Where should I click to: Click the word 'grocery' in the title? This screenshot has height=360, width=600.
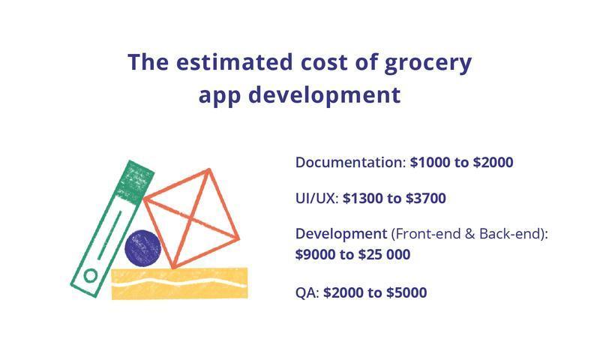coord(427,64)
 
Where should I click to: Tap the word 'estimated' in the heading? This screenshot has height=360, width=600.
coord(235,62)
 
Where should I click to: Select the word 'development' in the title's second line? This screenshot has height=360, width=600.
coord(325,95)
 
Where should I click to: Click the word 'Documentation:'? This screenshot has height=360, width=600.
coord(350,163)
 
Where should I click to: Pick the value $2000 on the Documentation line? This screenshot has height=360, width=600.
coord(493,163)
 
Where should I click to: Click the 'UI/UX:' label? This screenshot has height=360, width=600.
coord(317,199)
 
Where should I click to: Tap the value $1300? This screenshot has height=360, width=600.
coord(363,199)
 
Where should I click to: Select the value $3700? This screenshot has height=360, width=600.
coord(426,199)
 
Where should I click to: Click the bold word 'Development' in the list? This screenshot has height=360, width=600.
coord(341,234)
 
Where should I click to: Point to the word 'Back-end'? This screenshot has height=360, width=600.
coord(511,234)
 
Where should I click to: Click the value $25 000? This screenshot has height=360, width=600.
coord(384,254)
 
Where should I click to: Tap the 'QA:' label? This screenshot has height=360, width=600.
coord(307,293)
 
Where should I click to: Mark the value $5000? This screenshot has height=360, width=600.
coord(406,292)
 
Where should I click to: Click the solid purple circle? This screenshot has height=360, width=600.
coord(142,248)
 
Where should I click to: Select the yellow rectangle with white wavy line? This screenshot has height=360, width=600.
coord(179,283)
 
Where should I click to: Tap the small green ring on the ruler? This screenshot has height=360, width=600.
coord(91,275)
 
